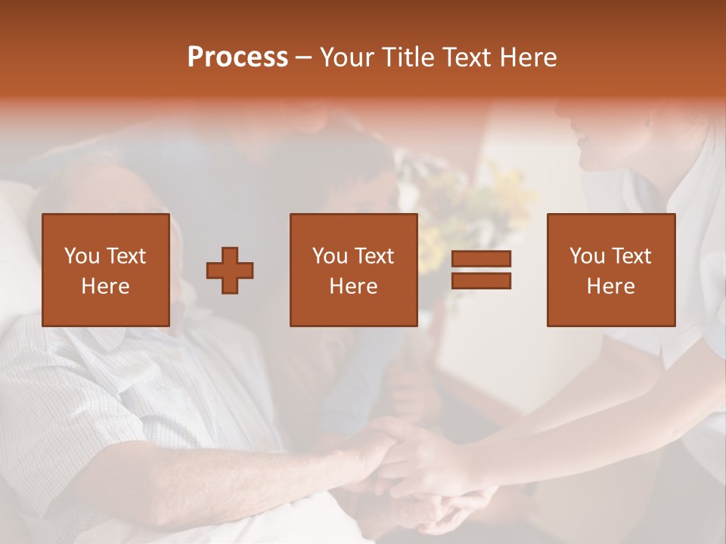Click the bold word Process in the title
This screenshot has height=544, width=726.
(x=237, y=57)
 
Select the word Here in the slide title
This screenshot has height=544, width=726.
(x=527, y=57)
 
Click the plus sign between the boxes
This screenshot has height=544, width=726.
(x=230, y=270)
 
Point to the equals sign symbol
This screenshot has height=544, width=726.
(x=481, y=270)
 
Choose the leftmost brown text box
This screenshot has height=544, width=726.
(x=105, y=270)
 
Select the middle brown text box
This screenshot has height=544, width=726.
(x=353, y=270)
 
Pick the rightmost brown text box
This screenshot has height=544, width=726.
(x=610, y=270)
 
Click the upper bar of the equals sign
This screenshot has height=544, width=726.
(x=481, y=259)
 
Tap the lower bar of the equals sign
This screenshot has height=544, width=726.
(x=481, y=281)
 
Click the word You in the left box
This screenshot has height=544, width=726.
(x=82, y=256)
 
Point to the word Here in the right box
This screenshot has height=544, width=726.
(x=610, y=286)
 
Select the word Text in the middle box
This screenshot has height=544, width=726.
(x=374, y=256)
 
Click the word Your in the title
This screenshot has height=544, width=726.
(x=346, y=57)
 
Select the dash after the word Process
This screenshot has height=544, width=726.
(x=304, y=57)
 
